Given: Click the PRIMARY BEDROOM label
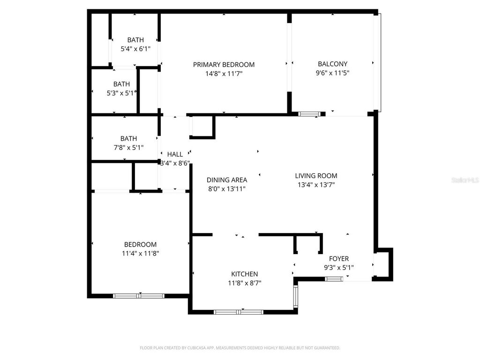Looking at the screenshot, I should click(224, 65).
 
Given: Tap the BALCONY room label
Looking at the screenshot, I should click(332, 64).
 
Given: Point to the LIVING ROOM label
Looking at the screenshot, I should click(316, 176).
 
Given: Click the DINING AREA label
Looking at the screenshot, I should click(227, 180).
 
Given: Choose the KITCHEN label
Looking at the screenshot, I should click(244, 274).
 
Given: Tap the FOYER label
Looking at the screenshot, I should click(338, 259).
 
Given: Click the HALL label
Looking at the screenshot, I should click(175, 154).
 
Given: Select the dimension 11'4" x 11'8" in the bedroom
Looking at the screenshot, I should click(140, 253).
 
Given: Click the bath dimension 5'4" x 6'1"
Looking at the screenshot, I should click(135, 49).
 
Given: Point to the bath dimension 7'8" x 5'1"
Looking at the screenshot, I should click(128, 147).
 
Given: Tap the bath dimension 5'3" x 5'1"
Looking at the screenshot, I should click(121, 93).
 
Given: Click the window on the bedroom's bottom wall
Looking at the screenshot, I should click(139, 296).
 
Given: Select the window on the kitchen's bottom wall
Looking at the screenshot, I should click(239, 312).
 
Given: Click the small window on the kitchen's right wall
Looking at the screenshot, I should click(295, 296).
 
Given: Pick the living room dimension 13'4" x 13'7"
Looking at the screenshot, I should click(316, 185).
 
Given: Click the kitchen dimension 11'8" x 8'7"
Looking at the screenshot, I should click(244, 283).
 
